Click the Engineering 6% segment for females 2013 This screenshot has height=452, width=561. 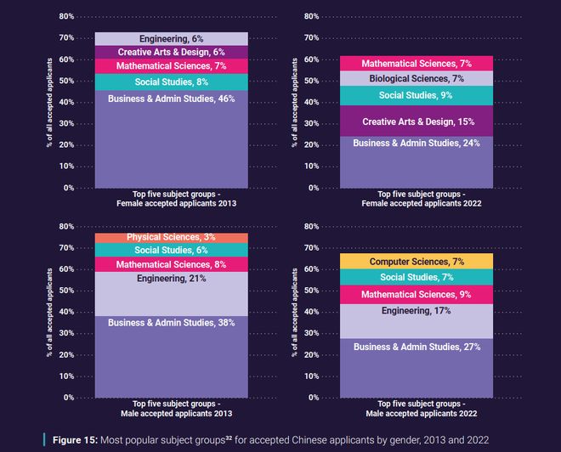coord(171,39)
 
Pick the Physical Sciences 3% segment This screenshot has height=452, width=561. coord(171,237)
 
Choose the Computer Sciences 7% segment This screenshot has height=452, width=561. coord(416,262)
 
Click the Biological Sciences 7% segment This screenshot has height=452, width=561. coord(416,79)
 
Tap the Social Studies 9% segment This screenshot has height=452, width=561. coord(416,95)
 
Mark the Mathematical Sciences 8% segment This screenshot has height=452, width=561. coord(171,265)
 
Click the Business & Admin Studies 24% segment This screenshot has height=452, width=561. coord(416,161)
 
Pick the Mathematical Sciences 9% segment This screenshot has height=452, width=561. coord(416,295)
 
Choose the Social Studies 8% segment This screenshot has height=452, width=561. coord(171,82)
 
